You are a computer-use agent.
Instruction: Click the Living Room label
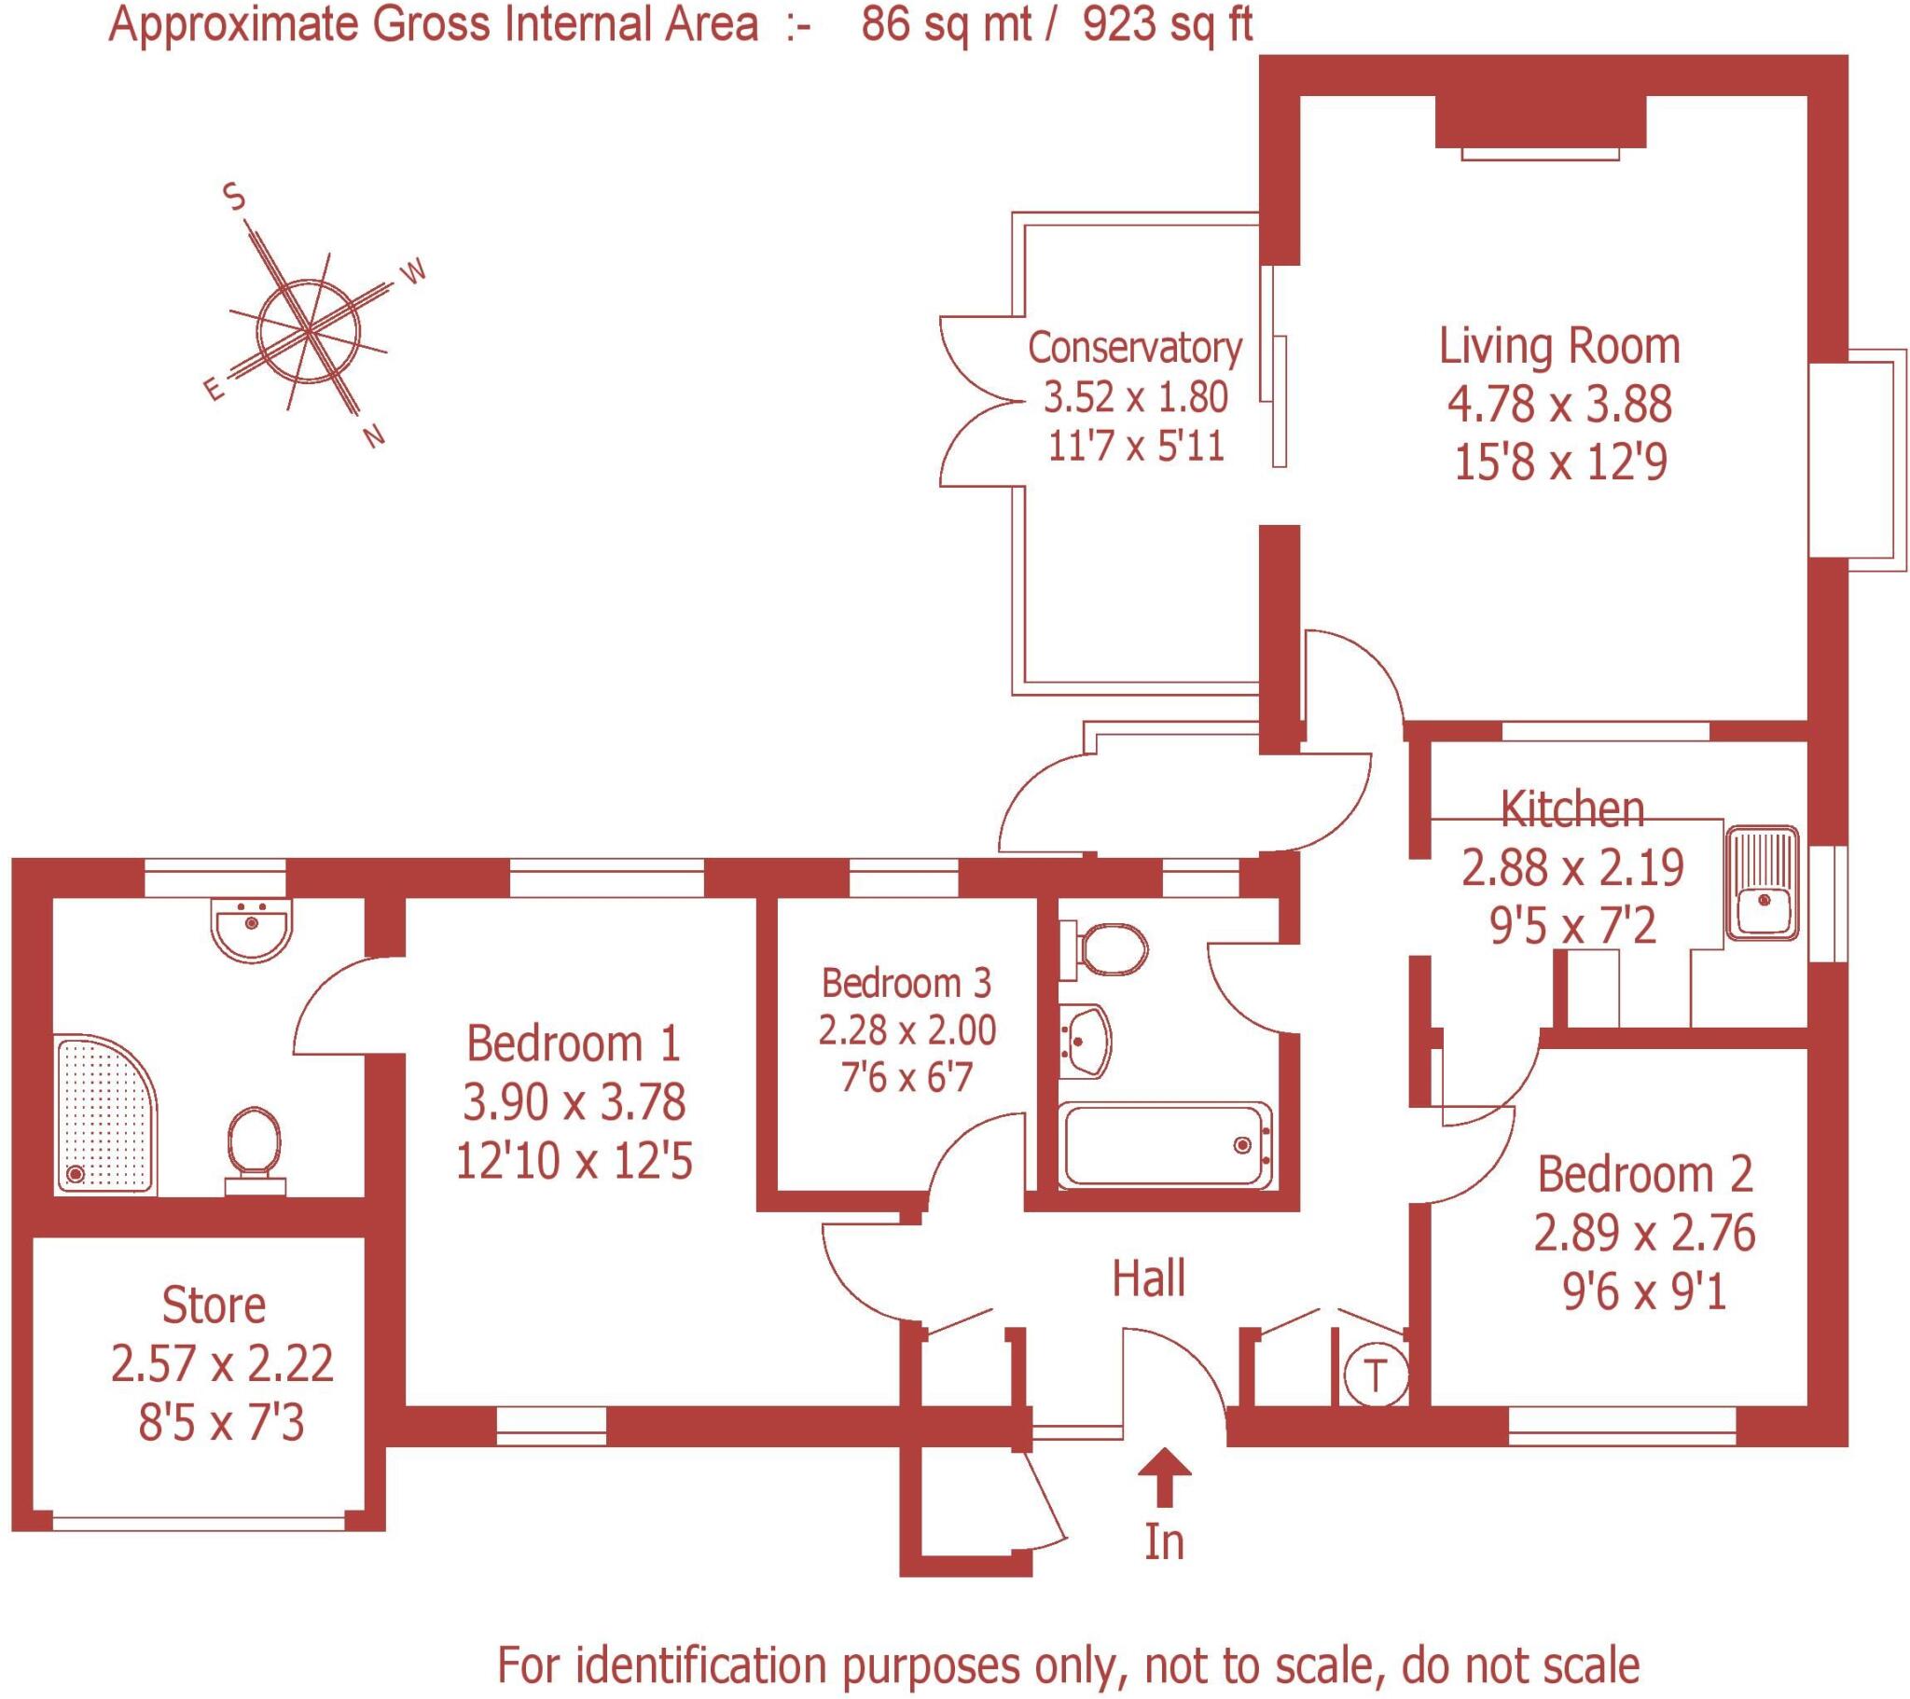tap(1558, 346)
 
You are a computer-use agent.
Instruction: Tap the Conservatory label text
tap(1135, 348)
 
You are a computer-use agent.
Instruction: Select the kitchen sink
tap(1763, 881)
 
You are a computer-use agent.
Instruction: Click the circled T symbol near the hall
tap(1375, 1375)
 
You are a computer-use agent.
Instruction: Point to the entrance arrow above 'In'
tap(1163, 1477)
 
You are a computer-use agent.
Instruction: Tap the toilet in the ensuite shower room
tap(255, 1151)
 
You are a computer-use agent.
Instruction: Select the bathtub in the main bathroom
tap(1165, 1146)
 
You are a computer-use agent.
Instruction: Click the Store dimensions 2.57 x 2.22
tap(221, 1363)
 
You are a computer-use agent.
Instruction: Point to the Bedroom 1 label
tap(574, 1043)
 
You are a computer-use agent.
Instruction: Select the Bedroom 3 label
tap(906, 982)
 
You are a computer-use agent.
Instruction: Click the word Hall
tap(1148, 1278)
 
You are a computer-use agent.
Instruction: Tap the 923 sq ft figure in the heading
tap(1168, 25)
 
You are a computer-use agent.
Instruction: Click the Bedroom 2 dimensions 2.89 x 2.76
tap(1644, 1234)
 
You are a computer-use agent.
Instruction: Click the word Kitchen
tap(1571, 809)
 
